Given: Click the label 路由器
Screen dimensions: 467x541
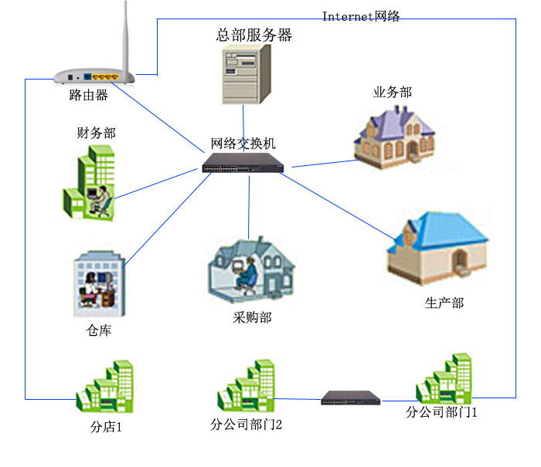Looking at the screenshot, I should [88, 96].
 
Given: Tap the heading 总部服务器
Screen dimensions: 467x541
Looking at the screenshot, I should [254, 35].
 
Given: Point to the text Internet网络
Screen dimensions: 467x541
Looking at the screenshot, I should [361, 16].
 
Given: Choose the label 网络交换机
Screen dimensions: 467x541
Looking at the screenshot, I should [243, 144].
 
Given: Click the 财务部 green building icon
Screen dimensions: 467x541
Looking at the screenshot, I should [88, 183].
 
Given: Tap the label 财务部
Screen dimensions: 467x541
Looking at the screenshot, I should [96, 133].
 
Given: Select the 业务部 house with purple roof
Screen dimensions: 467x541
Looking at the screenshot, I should [393, 134].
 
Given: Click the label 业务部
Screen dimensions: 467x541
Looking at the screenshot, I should [393, 93].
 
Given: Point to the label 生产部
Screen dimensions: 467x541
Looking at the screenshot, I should [444, 303].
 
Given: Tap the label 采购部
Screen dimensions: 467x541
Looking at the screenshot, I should [252, 317].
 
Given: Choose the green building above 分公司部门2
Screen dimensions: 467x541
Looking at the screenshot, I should [247, 384].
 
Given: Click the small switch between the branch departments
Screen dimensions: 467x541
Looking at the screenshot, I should [351, 398].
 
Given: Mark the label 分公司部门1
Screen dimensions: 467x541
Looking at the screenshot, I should [442, 412].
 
